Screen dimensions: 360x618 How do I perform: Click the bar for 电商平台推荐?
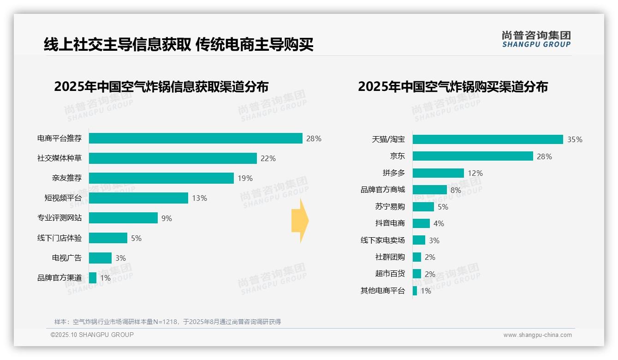coord(196,138)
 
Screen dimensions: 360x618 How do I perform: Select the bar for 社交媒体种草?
coord(172,158)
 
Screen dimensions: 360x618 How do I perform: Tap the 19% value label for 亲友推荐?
coord(245,178)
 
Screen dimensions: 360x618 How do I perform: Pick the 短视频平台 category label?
coord(63,198)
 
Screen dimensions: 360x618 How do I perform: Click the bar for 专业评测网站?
coord(123,218)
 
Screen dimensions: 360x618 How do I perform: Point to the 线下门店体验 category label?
coord(59,238)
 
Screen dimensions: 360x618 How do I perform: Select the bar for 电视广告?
coord(100,258)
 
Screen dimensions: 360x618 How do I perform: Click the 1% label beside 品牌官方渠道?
coord(105,278)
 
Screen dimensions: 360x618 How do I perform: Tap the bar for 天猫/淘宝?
coord(487,139)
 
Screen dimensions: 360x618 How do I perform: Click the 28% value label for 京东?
coord(544,156)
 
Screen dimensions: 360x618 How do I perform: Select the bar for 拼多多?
coord(438,173)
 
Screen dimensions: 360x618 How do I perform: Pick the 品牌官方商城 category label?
coord(383,190)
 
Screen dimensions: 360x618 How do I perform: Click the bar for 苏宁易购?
coord(423,207)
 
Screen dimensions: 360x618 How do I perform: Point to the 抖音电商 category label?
coord(390,223)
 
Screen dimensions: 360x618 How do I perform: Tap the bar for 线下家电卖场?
coord(419,240)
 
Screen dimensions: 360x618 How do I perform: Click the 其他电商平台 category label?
coord(383,291)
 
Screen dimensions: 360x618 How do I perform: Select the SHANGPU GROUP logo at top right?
coord(536,39)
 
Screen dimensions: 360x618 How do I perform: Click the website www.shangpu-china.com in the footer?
coord(537,335)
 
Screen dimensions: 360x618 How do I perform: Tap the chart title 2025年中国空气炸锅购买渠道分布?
coord(452,87)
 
